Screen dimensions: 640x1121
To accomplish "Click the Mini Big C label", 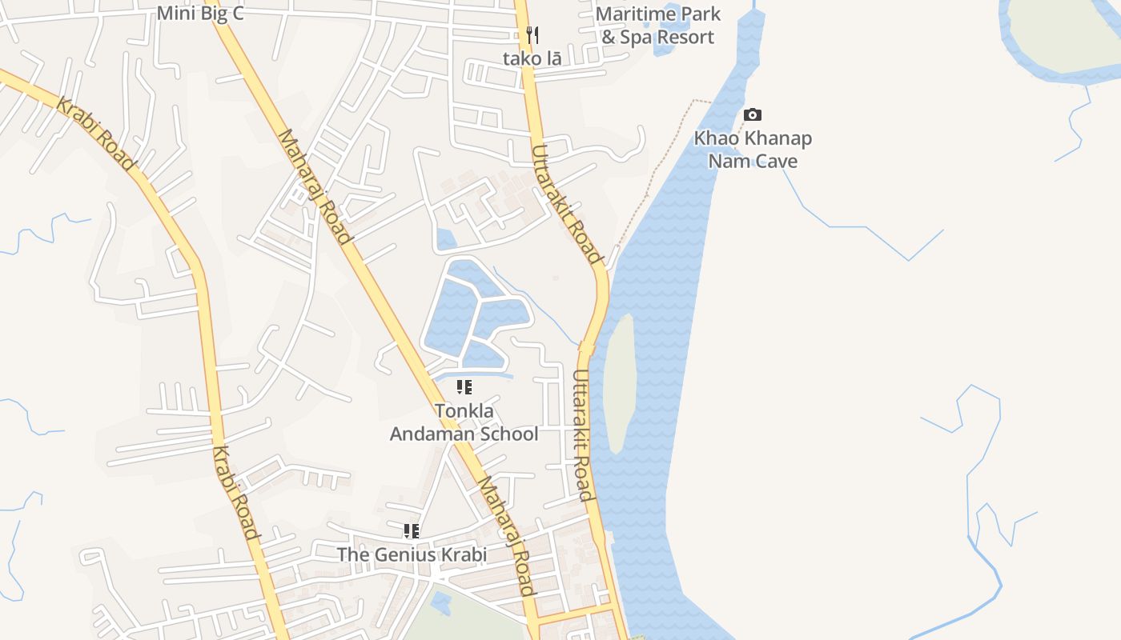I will coord(199,13).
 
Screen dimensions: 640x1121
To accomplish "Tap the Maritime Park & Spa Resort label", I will coord(657,26).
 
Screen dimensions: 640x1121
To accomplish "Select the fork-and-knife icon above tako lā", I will coord(532,35).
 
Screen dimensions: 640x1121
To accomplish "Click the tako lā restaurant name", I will coord(532,58).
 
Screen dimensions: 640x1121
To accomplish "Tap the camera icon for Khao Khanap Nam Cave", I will coord(752,115).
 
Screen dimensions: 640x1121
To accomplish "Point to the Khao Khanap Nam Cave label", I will coord(753,150).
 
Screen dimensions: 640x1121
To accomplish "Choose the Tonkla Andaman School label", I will coord(464,422).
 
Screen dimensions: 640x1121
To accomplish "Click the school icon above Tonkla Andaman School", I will coord(464,388).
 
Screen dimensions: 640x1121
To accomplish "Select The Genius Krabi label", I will coord(412,554).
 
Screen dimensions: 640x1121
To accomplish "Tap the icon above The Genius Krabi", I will coord(412,531).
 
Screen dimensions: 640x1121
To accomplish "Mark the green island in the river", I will coord(618,382).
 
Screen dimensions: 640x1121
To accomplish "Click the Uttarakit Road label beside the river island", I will coord(583,434).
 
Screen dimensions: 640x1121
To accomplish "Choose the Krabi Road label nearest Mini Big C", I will coord(95,133).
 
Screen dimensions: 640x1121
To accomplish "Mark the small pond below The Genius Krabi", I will coord(440,602).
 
